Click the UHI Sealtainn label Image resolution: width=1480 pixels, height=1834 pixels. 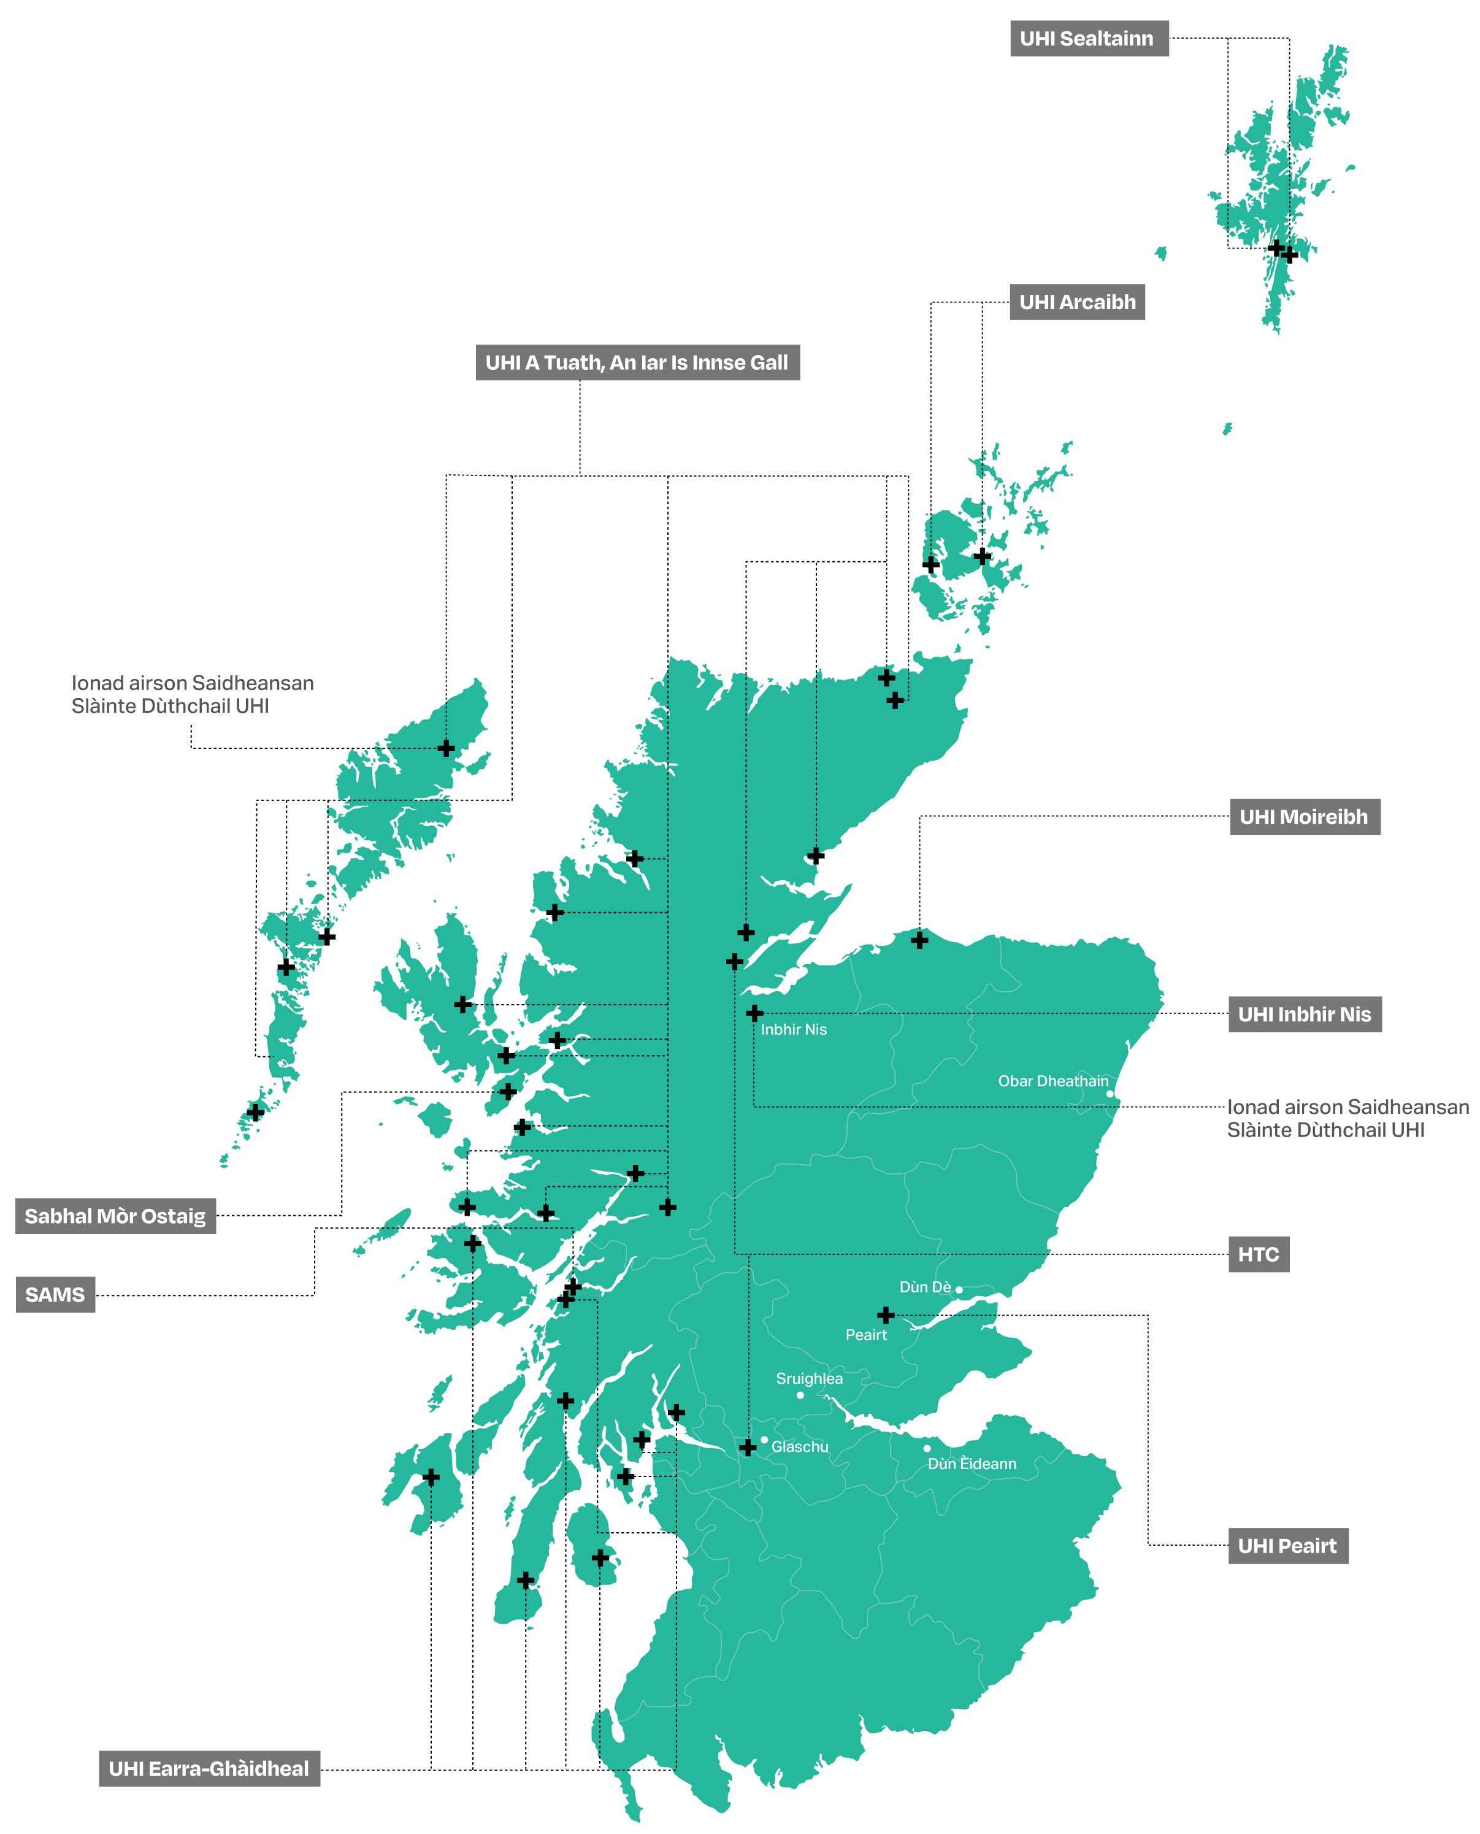click(x=1089, y=39)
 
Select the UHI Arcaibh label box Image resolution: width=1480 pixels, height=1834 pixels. click(x=1077, y=302)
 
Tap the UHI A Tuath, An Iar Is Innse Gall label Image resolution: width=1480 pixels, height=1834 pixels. click(x=637, y=363)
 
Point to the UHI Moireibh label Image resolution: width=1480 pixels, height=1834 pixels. click(x=1303, y=817)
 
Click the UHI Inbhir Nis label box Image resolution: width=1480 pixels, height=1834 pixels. click(x=1305, y=1014)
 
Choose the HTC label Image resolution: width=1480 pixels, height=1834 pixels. click(x=1259, y=1254)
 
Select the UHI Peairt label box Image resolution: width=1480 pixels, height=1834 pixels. click(x=1287, y=1546)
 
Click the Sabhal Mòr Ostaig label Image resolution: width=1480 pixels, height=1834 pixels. click(x=115, y=1216)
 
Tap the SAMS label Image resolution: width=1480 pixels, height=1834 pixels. click(x=55, y=1294)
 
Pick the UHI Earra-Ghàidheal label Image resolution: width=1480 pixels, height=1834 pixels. click(x=209, y=1768)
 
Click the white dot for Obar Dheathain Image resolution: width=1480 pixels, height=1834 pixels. click(x=1109, y=1094)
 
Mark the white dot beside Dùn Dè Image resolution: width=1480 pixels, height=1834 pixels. click(x=959, y=1290)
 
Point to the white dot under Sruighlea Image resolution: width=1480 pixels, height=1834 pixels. click(x=800, y=1395)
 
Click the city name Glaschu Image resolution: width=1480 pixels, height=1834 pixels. click(x=800, y=1447)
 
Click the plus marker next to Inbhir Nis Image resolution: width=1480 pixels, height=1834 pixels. click(x=754, y=1013)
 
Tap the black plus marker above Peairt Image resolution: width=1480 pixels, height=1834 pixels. click(x=886, y=1314)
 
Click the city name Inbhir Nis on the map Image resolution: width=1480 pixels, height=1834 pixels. click(x=794, y=1029)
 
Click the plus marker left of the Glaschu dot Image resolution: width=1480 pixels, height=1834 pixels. click(x=748, y=1447)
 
